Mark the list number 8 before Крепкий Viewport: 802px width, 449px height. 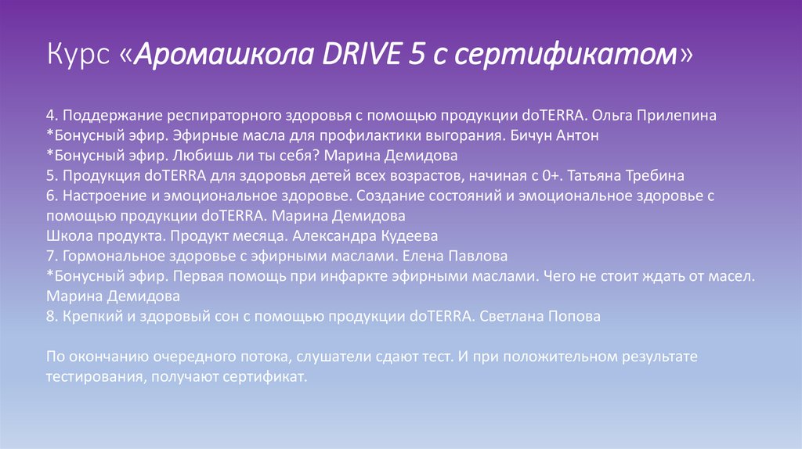(x=50, y=317)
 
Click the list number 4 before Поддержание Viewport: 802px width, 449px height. (x=50, y=115)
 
